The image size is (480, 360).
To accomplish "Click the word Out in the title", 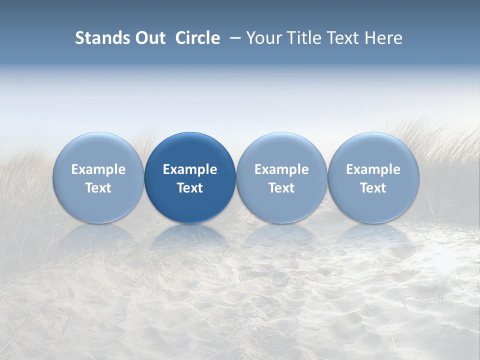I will point(149,38).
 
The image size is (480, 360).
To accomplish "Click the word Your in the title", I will point(262,38).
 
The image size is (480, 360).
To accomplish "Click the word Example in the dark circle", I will point(190,169).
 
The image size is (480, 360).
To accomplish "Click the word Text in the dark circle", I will point(190,188).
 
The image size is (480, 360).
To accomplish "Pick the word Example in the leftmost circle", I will point(98,169).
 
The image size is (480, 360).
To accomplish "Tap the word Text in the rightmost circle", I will point(373,188).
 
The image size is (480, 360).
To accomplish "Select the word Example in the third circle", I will point(281,169).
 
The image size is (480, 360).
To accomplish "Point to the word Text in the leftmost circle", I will point(98,188).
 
